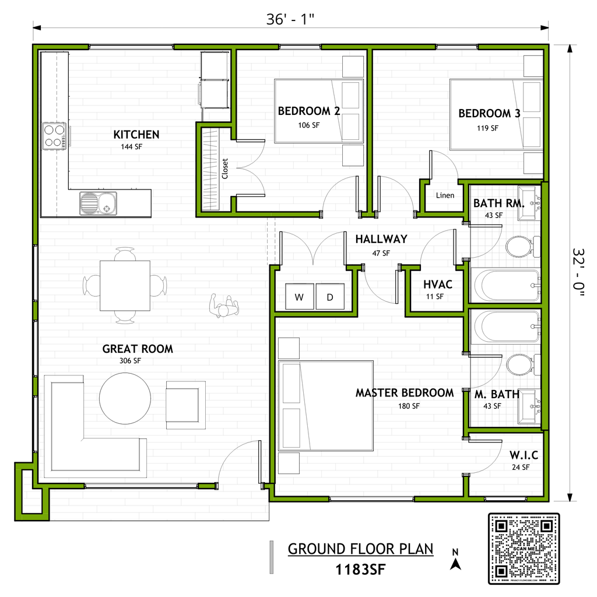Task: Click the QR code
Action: (524, 548)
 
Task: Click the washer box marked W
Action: (300, 297)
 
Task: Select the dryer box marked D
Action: (330, 297)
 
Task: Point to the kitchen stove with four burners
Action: (54, 136)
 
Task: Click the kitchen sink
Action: (98, 203)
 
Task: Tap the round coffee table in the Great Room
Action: (125, 398)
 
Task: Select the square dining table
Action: (125, 286)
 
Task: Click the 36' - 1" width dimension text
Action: (290, 19)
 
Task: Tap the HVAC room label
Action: (438, 285)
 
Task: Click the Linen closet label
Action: (445, 195)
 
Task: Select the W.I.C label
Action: (524, 455)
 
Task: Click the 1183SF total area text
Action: (360, 570)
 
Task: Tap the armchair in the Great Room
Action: (185, 405)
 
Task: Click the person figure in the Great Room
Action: (224, 305)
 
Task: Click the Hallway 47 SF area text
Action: (381, 253)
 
